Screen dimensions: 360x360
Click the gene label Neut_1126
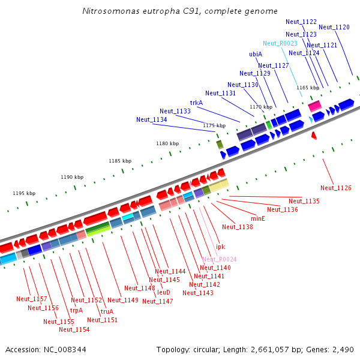click(x=335, y=188)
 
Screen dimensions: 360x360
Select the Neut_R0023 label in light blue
click(x=280, y=43)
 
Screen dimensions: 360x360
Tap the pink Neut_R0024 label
click(x=219, y=259)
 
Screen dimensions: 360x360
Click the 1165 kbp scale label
click(x=308, y=88)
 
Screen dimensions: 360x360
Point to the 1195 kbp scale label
click(x=24, y=193)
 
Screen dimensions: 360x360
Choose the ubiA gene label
click(x=256, y=54)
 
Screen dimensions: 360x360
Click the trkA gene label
click(x=197, y=103)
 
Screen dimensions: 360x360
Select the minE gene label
click(x=258, y=218)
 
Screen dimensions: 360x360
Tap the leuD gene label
click(x=164, y=292)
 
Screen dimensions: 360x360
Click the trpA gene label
click(x=76, y=310)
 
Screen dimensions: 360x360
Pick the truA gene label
click(x=107, y=311)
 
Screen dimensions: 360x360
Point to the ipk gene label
click(x=220, y=247)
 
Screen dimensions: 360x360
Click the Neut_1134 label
click(x=151, y=119)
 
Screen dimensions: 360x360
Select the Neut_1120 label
click(x=334, y=27)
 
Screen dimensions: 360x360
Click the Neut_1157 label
click(x=31, y=299)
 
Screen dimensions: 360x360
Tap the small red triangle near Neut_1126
click(x=314, y=137)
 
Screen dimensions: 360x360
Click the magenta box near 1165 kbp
click(x=314, y=106)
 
